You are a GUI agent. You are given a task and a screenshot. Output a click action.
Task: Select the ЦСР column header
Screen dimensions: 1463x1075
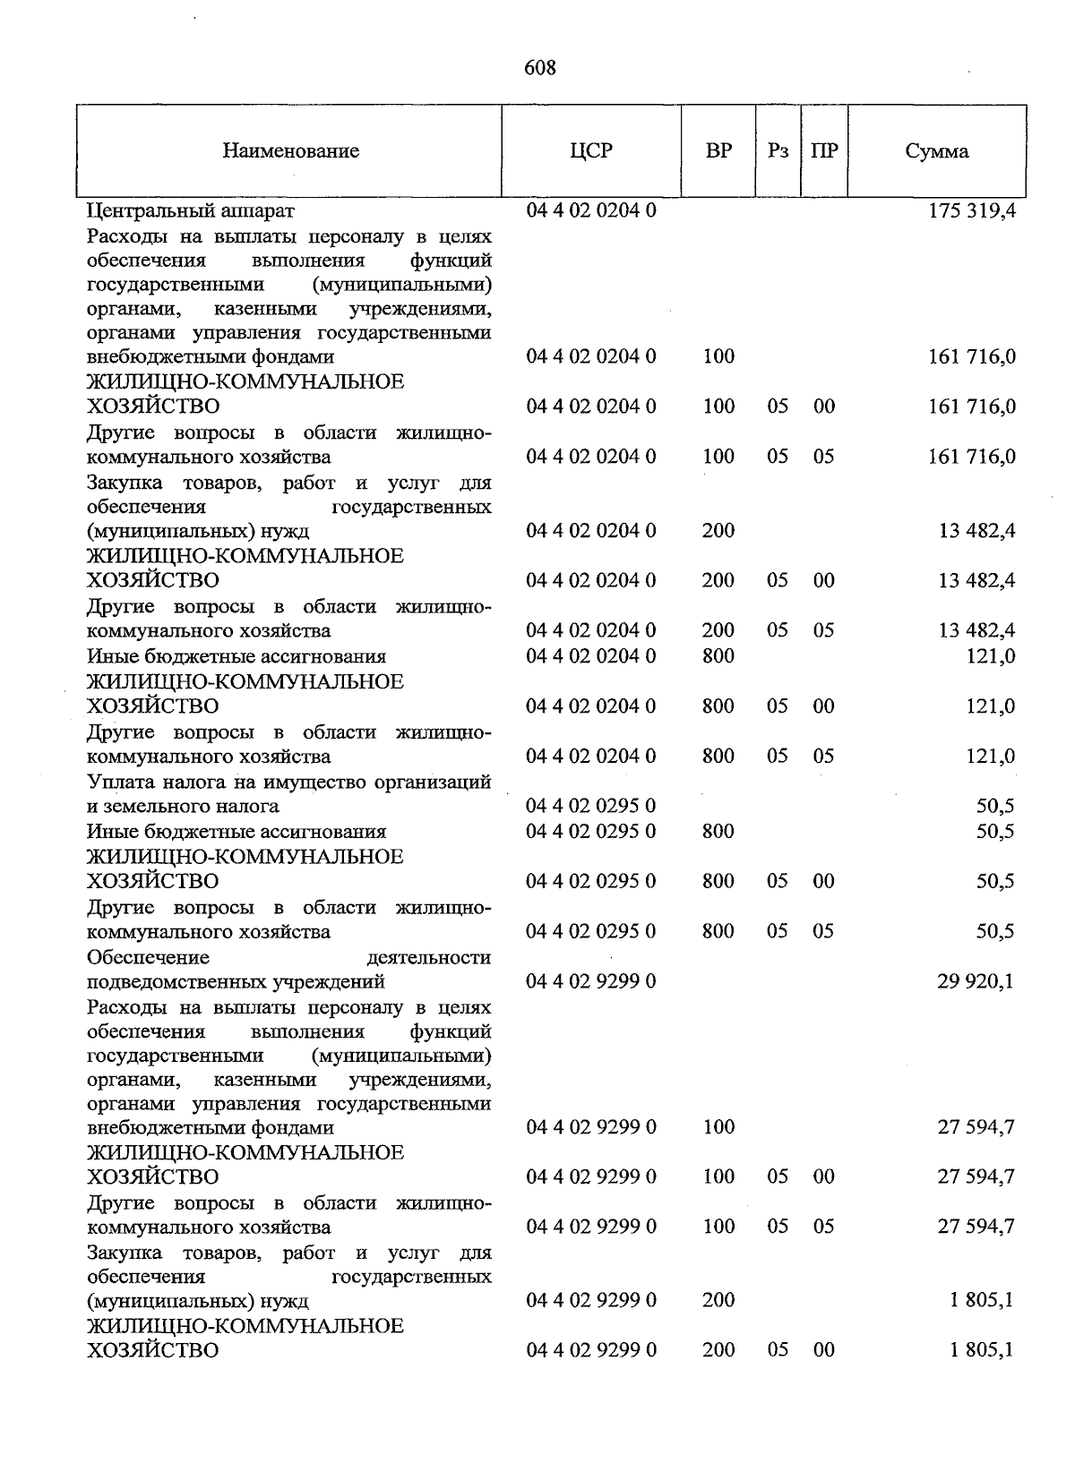pyautogui.click(x=591, y=151)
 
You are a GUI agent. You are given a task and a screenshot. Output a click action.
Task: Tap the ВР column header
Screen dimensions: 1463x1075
pyautogui.click(x=718, y=151)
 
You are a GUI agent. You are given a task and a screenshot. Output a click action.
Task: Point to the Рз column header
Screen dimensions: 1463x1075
pyautogui.click(x=778, y=151)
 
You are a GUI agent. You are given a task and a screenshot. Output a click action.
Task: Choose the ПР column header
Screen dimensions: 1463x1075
pyautogui.click(x=824, y=151)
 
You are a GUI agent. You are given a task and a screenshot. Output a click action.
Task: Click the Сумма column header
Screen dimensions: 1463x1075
pyautogui.click(x=936, y=151)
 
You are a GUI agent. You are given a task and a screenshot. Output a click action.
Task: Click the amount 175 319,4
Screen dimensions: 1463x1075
pyautogui.click(x=971, y=211)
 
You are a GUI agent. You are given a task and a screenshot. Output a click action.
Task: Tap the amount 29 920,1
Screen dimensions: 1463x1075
pyautogui.click(x=976, y=981)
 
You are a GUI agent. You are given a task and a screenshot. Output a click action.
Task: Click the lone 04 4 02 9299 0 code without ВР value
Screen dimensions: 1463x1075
pyautogui.click(x=591, y=981)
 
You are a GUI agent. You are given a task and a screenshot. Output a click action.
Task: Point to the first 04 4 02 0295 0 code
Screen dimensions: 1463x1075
pyautogui.click(x=591, y=806)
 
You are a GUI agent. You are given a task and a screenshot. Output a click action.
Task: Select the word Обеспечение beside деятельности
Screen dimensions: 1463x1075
pyautogui.click(x=148, y=957)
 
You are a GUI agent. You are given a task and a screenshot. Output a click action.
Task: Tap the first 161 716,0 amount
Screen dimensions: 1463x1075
pyautogui.click(x=971, y=356)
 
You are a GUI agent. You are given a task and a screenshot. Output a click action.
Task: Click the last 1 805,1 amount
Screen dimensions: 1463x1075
pyautogui.click(x=982, y=1349)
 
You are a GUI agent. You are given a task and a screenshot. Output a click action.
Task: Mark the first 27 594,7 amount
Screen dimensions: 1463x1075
pyautogui.click(x=976, y=1126)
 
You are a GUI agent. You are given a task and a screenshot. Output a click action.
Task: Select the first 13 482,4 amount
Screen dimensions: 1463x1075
pyautogui.click(x=976, y=531)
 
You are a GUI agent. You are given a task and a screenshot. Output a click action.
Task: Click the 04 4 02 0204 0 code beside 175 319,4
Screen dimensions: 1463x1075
pyautogui.click(x=591, y=211)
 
